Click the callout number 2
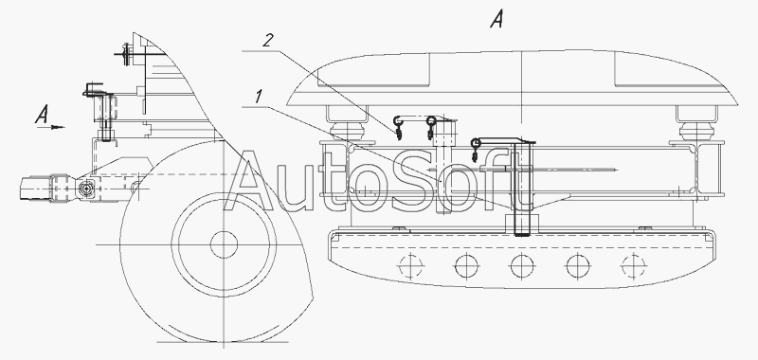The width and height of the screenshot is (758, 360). [x=268, y=41]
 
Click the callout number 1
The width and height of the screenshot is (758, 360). [x=259, y=98]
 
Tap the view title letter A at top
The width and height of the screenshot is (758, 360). [x=496, y=19]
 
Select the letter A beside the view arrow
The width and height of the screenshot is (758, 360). [x=42, y=115]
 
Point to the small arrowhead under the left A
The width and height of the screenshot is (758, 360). [x=59, y=128]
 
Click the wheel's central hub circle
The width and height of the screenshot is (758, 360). [x=224, y=244]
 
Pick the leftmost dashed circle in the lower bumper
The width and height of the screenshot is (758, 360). [x=410, y=266]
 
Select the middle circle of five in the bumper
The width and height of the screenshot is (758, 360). [x=522, y=266]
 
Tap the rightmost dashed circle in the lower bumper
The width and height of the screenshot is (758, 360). [x=633, y=266]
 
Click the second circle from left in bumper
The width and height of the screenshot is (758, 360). [x=466, y=266]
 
